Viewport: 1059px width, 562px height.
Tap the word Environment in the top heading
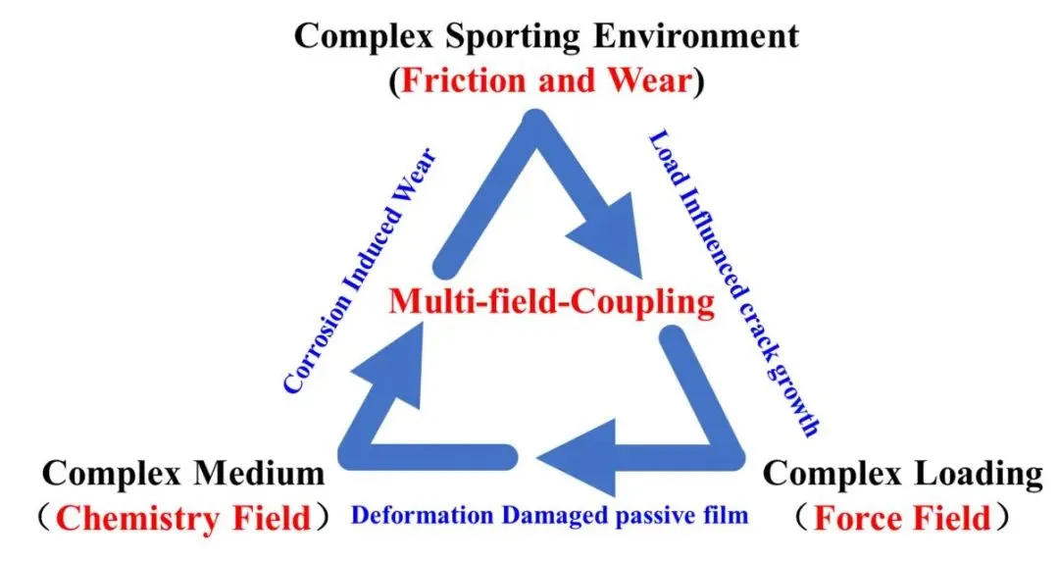click(x=696, y=35)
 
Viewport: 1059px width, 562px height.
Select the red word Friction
click(x=463, y=80)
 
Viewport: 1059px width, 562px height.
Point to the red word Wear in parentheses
click(x=650, y=80)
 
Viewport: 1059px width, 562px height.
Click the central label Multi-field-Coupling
click(x=552, y=301)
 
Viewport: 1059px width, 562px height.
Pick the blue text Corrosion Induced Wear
click(x=359, y=270)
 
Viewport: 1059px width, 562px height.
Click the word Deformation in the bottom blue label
click(x=423, y=515)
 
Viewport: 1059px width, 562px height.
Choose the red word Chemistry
click(x=138, y=520)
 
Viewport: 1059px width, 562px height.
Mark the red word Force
click(x=855, y=518)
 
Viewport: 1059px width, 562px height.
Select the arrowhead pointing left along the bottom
click(x=577, y=457)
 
